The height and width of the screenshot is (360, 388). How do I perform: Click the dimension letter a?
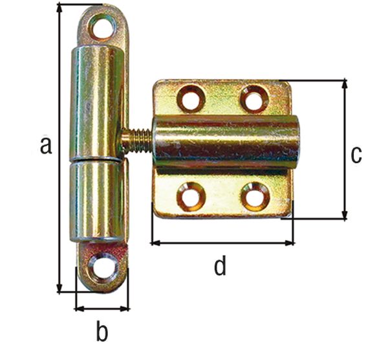45,146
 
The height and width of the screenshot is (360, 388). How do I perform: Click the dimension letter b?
102,332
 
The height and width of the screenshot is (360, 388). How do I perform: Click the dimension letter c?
356,155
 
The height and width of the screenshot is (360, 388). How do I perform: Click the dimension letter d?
221,265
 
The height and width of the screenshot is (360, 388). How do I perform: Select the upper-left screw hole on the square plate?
191,99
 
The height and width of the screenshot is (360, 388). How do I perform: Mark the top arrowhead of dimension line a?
59,8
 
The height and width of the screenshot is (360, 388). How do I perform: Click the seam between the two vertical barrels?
97,159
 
